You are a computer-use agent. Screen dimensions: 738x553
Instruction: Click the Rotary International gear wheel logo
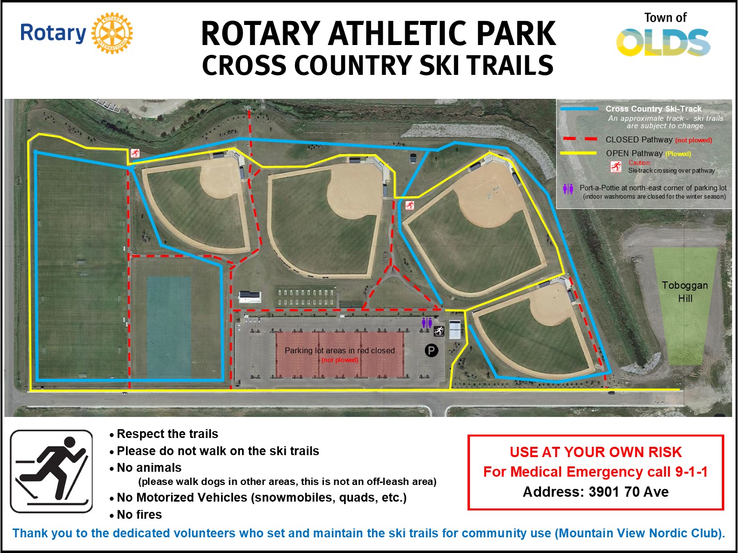pyautogui.click(x=112, y=33)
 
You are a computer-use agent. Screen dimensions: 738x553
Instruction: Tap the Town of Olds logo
pyautogui.click(x=664, y=34)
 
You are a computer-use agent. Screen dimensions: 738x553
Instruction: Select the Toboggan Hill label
pyautogui.click(x=685, y=292)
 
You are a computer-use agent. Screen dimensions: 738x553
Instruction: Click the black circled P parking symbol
pyautogui.click(x=431, y=350)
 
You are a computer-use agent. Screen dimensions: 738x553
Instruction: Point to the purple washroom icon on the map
pyautogui.click(x=427, y=323)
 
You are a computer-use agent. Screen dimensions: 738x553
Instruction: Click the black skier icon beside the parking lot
pyautogui.click(x=439, y=331)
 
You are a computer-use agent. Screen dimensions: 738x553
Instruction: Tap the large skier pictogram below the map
pyautogui.click(x=51, y=471)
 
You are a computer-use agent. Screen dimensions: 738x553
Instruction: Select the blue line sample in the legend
pyautogui.click(x=579, y=109)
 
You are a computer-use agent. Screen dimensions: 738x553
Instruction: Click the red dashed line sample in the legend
pyautogui.click(x=579, y=139)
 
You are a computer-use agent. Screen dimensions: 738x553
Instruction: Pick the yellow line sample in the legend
pyautogui.click(x=578, y=153)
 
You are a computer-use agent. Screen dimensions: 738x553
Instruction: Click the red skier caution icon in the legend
pyautogui.click(x=615, y=166)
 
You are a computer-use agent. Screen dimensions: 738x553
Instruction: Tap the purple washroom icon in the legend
pyautogui.click(x=568, y=189)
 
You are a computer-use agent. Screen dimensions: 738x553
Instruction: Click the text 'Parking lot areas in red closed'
pyautogui.click(x=340, y=350)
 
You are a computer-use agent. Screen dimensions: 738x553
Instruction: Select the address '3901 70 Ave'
pyautogui.click(x=628, y=492)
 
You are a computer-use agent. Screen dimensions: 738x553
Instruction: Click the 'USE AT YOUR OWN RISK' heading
pyautogui.click(x=595, y=452)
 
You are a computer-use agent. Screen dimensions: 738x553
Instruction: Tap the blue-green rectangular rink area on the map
pyautogui.click(x=169, y=327)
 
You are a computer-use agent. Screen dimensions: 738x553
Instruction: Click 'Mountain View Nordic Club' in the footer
pyautogui.click(x=639, y=533)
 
